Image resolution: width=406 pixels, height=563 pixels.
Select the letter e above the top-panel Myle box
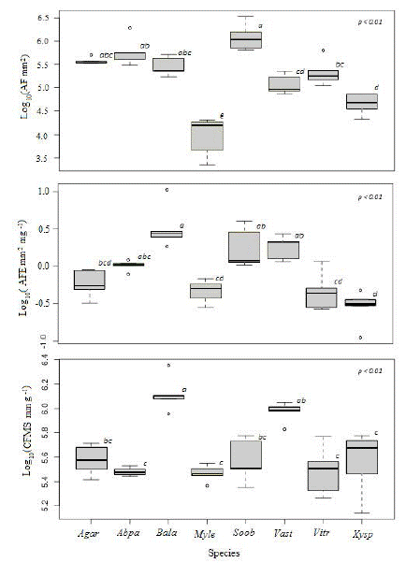[222, 115]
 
